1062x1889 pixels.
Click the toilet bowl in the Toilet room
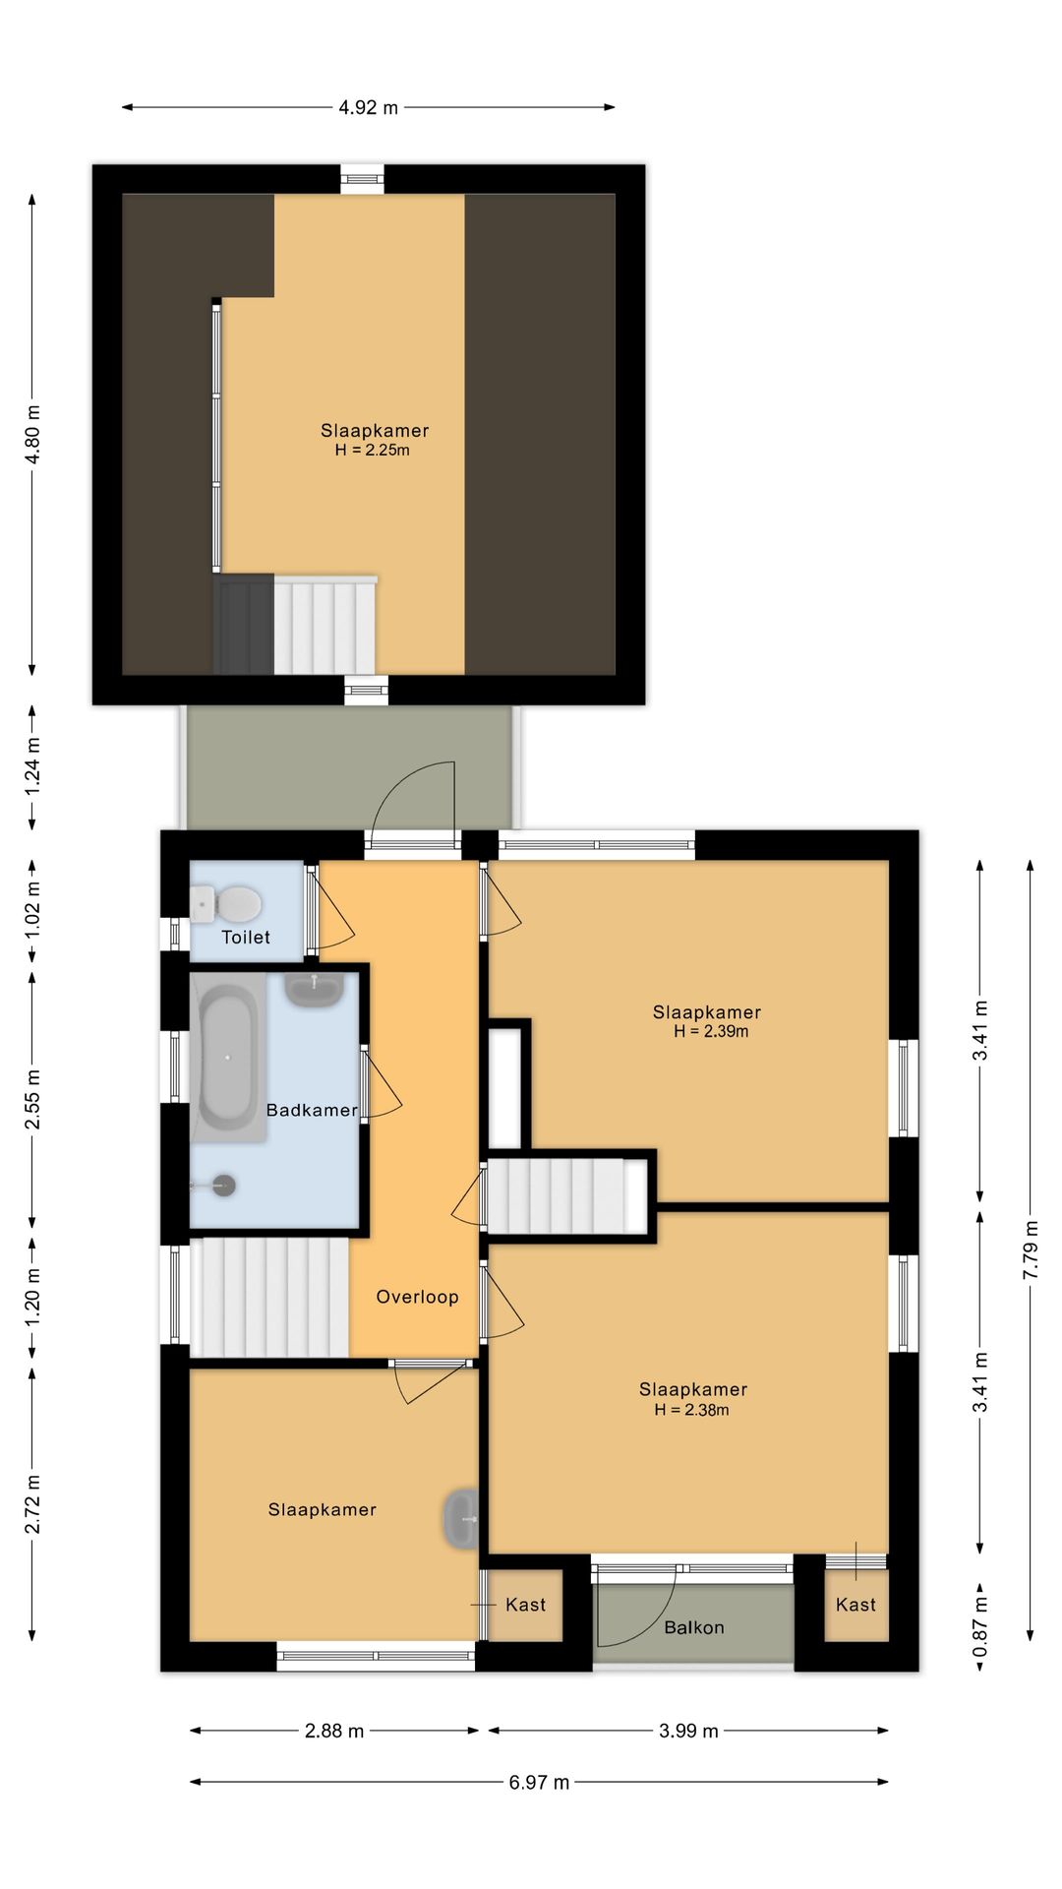(x=227, y=903)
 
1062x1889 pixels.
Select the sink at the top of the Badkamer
(x=315, y=989)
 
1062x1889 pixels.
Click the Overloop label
(x=417, y=1297)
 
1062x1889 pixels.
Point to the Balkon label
(x=694, y=1627)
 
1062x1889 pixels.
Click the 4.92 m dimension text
(x=369, y=107)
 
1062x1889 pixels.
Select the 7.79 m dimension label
(x=1031, y=1249)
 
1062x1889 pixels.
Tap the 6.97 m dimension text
(x=539, y=1782)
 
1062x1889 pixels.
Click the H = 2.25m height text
(x=373, y=450)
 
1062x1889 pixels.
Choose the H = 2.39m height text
(x=711, y=1031)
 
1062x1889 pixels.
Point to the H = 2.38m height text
(x=692, y=1409)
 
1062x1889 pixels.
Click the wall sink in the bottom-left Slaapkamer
(x=461, y=1520)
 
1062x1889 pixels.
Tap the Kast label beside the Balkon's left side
(x=525, y=1605)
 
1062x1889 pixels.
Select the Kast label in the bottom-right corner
(x=855, y=1605)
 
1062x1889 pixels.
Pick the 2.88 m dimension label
(x=334, y=1731)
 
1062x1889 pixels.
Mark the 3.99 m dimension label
(x=688, y=1731)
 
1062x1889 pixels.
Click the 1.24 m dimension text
(x=32, y=766)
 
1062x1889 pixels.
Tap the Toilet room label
(x=246, y=937)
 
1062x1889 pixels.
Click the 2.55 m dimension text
(x=32, y=1099)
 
